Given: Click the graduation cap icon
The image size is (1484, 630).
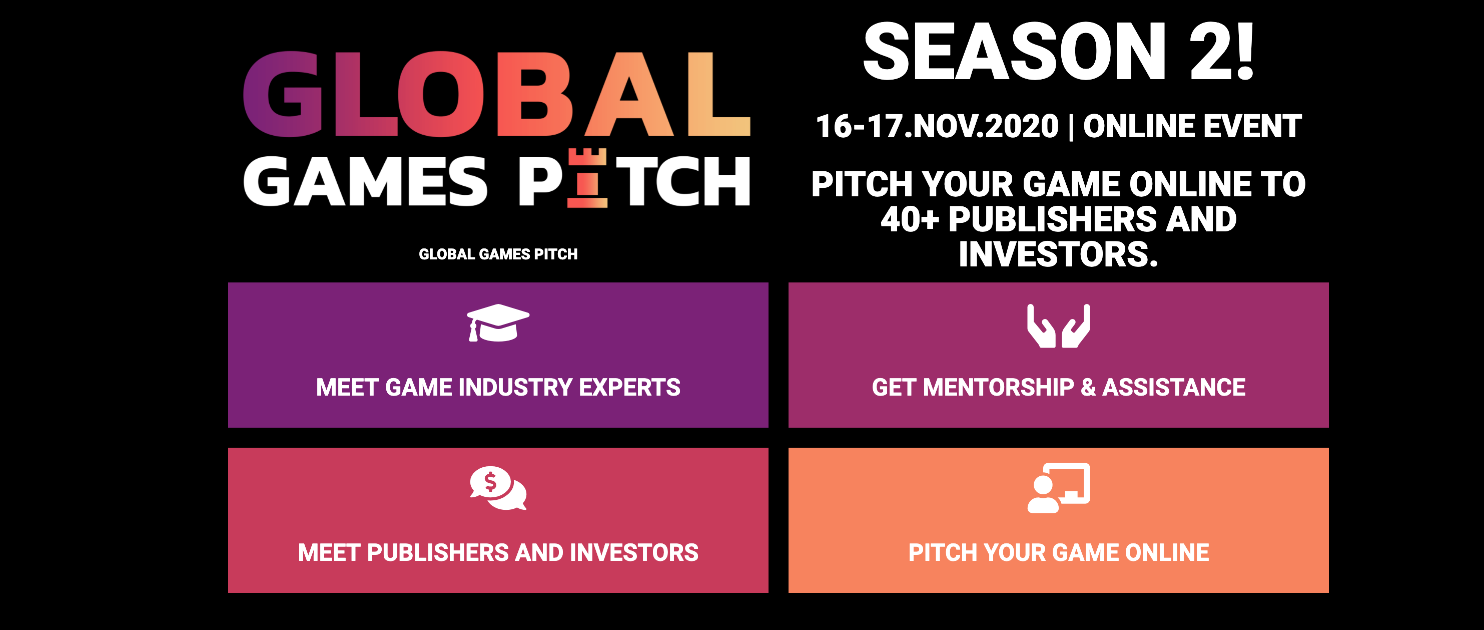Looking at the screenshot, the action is point(498,323).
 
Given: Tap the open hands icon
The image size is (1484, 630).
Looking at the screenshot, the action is point(1058,326).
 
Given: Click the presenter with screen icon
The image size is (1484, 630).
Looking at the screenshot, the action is point(1058,488).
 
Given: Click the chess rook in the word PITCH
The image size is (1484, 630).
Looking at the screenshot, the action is point(587,178).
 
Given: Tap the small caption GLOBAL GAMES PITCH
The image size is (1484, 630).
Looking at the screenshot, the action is point(498,254).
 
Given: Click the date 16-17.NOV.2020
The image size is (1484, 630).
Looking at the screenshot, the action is point(937,126).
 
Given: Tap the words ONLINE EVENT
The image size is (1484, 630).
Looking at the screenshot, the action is point(1192,126).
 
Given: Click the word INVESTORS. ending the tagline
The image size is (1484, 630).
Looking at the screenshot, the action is point(1058,254).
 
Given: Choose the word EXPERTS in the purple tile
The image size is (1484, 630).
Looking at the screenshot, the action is point(629,387).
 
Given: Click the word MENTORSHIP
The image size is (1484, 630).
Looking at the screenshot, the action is point(998,387).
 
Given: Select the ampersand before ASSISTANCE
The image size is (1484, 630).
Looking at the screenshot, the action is point(1088,387).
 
